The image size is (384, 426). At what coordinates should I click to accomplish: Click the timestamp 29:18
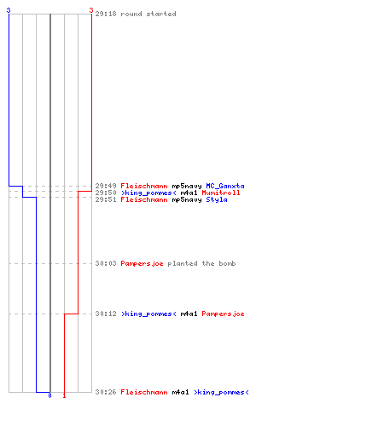pyautogui.click(x=106, y=14)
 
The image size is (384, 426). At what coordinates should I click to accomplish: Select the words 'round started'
pyautogui.click(x=148, y=14)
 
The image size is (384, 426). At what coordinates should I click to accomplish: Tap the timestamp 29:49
pyautogui.click(x=106, y=186)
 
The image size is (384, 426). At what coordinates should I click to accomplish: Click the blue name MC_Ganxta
pyautogui.click(x=225, y=186)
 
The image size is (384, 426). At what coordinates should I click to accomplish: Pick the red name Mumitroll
pyautogui.click(x=221, y=193)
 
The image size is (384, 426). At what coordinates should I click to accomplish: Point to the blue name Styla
pyautogui.click(x=217, y=199)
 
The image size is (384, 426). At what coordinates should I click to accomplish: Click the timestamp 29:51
pyautogui.click(x=106, y=199)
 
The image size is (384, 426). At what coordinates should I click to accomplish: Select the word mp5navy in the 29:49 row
pyautogui.click(x=187, y=187)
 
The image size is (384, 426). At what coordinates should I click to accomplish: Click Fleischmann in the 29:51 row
pyautogui.click(x=144, y=199)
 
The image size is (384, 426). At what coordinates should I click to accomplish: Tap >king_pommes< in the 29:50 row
pyautogui.click(x=148, y=193)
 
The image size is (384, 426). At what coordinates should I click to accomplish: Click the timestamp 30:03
pyautogui.click(x=106, y=263)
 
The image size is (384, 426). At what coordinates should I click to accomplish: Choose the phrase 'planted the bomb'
pyautogui.click(x=201, y=263)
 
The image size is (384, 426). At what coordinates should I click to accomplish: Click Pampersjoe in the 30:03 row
pyautogui.click(x=142, y=264)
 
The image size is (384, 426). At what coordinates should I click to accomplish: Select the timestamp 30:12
pyautogui.click(x=106, y=314)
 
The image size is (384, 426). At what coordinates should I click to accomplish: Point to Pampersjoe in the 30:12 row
pyautogui.click(x=223, y=314)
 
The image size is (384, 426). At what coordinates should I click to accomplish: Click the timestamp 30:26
pyautogui.click(x=106, y=392)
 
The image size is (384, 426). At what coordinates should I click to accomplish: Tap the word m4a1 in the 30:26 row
pyautogui.click(x=180, y=392)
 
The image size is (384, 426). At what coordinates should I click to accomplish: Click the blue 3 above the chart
pyautogui.click(x=9, y=10)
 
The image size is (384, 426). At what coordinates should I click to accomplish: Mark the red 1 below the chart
pyautogui.click(x=64, y=395)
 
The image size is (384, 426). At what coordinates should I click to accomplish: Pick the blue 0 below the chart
pyautogui.click(x=49, y=395)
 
